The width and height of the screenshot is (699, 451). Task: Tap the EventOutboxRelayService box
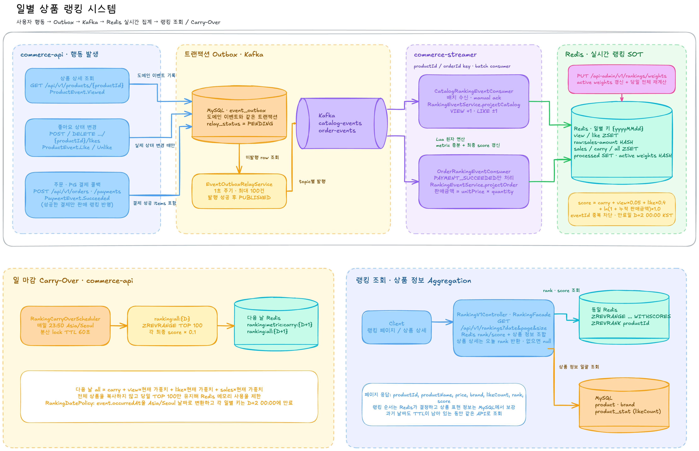(239, 191)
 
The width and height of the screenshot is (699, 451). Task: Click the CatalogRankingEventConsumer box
(474, 101)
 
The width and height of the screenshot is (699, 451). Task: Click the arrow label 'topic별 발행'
(312, 182)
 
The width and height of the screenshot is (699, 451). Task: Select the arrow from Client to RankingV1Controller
(442, 322)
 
